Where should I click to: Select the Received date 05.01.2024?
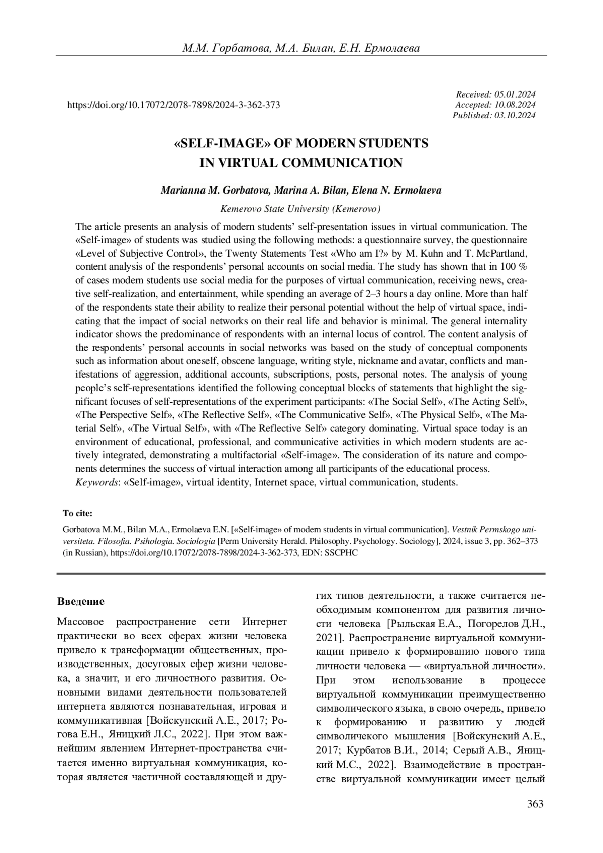pyautogui.click(x=515, y=94)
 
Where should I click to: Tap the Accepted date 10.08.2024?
pyautogui.click(x=515, y=105)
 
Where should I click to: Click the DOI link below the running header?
pyautogui.click(x=173, y=105)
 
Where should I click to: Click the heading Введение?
pyautogui.click(x=81, y=601)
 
